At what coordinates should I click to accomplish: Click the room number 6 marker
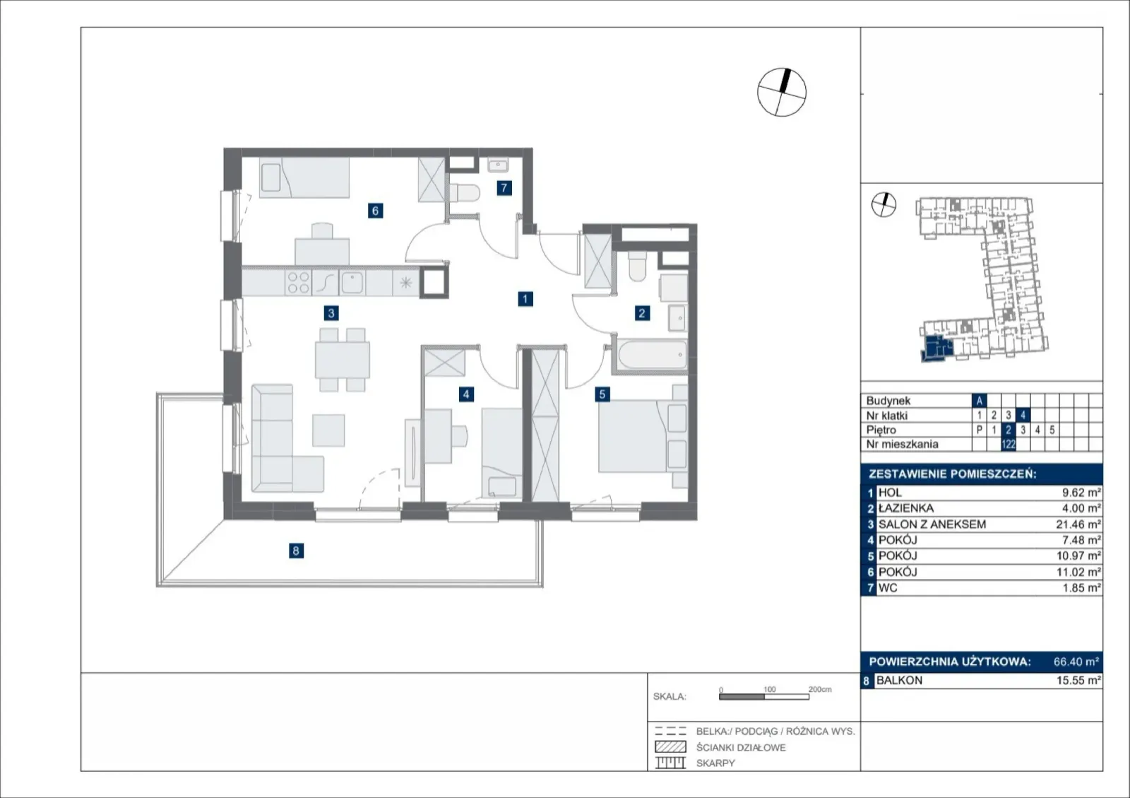tap(375, 211)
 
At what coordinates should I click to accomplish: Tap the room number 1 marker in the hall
tap(525, 299)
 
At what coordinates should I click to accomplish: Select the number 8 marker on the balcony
tap(296, 551)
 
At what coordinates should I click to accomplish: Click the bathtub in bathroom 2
tap(653, 354)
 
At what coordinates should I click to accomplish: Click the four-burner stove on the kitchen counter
tap(298, 283)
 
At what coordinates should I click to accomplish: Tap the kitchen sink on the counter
tap(352, 283)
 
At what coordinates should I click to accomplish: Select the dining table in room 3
tap(342, 360)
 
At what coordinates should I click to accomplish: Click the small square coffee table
tap(328, 430)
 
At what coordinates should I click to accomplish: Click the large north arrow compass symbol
tap(782, 93)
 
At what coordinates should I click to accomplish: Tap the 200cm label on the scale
tap(820, 689)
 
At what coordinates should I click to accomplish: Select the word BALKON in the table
tap(899, 681)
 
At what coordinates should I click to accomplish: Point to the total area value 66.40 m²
tap(1076, 662)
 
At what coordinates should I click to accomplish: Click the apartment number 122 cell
tap(1008, 445)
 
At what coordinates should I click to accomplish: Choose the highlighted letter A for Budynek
tap(979, 401)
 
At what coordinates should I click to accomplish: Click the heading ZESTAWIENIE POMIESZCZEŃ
tap(953, 474)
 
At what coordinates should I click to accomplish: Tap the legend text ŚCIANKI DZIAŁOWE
tap(741, 748)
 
